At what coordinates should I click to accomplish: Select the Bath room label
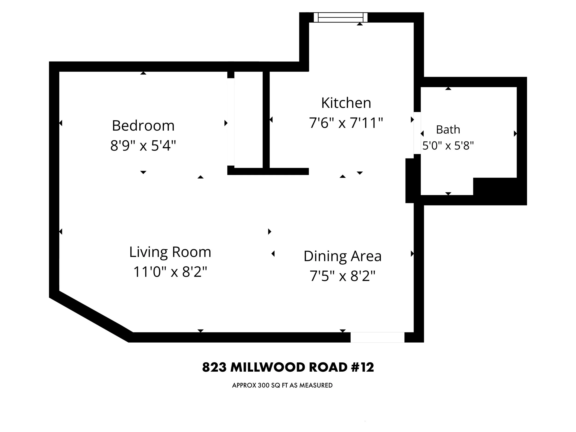pyautogui.click(x=448, y=129)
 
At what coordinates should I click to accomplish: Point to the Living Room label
pyautogui.click(x=170, y=252)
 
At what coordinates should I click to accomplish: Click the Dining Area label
pyautogui.click(x=342, y=256)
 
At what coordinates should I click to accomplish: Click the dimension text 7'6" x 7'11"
pyautogui.click(x=346, y=123)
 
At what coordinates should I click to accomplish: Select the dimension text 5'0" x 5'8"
pyautogui.click(x=448, y=146)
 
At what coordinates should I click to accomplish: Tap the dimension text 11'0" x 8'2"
pyautogui.click(x=170, y=272)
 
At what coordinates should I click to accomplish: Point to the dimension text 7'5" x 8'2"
pyautogui.click(x=342, y=276)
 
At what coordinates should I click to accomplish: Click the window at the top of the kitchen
pyautogui.click(x=340, y=18)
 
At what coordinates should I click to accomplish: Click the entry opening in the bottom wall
pyautogui.click(x=377, y=337)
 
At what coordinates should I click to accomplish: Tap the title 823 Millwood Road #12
pyautogui.click(x=288, y=367)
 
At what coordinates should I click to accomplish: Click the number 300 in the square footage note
pyautogui.click(x=264, y=385)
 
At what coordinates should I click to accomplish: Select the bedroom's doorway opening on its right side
pyautogui.click(x=231, y=122)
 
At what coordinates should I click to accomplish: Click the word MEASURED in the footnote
pyautogui.click(x=316, y=385)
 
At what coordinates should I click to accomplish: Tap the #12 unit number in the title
pyautogui.click(x=362, y=367)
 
